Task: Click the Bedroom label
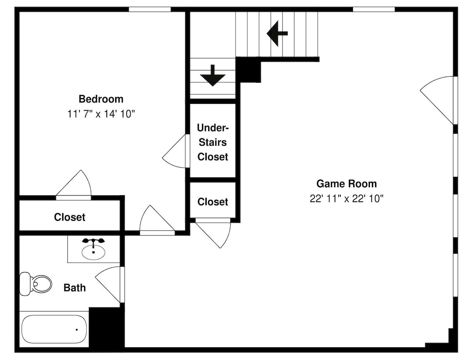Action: [101, 99]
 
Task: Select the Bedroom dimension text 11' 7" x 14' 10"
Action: [101, 114]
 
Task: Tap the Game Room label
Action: [346, 183]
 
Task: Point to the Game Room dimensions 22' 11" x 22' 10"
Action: [346, 198]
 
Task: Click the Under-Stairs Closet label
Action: [213, 142]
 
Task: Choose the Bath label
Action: [75, 288]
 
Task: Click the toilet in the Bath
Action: [35, 283]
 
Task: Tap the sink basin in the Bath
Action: [94, 252]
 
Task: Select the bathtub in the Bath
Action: [54, 329]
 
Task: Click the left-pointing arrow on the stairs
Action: [277, 33]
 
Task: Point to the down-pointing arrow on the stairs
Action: [213, 76]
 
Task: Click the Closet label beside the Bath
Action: [70, 217]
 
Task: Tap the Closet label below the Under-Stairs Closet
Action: [213, 202]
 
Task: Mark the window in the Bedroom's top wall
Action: [150, 9]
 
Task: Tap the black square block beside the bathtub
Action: [106, 327]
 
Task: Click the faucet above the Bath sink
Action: [94, 241]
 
